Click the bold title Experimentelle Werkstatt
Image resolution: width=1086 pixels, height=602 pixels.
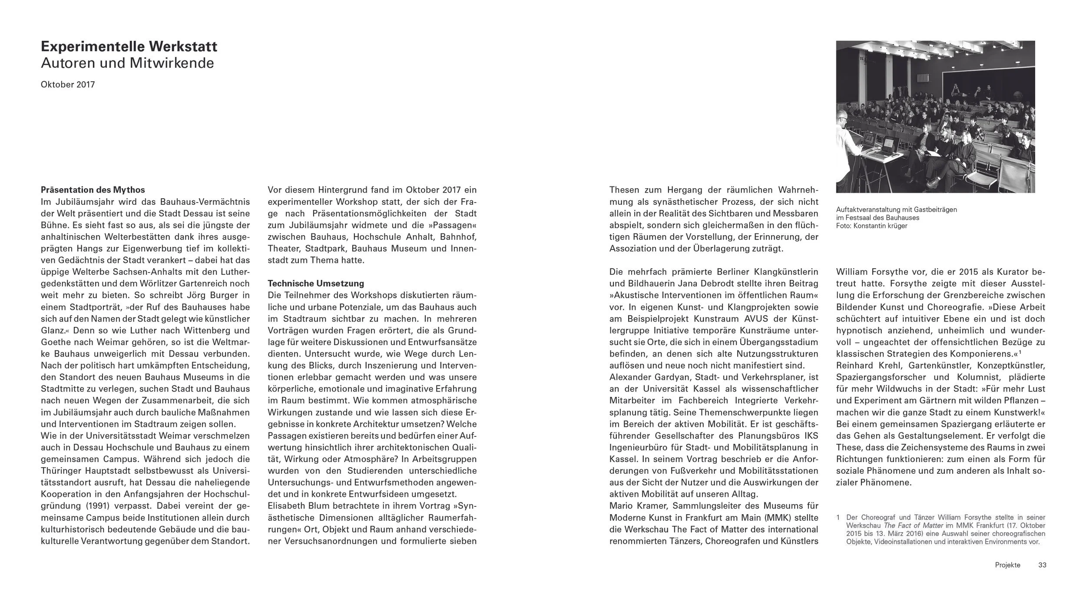pos(129,47)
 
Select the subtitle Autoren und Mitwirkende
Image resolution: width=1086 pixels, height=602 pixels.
pos(127,63)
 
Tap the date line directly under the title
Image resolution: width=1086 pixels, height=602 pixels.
pos(68,85)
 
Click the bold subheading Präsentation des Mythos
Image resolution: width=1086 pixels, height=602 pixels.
pos(93,190)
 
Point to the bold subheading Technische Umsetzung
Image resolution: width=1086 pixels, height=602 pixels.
pos(316,283)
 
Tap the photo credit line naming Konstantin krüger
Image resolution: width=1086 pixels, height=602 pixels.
pos(871,226)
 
